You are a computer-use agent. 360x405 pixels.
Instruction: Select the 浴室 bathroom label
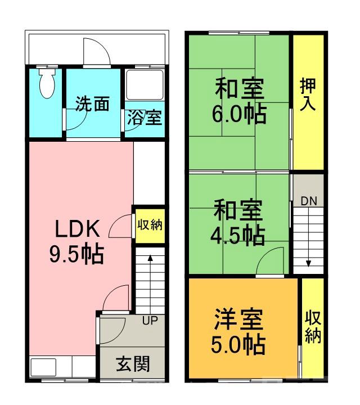tap(144, 118)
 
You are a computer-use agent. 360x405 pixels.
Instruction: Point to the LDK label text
tap(77, 229)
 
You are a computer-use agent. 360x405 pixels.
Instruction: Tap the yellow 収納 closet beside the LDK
tap(150, 225)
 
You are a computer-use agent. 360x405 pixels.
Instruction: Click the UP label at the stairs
tap(150, 321)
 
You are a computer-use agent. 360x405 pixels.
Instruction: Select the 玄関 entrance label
tap(133, 364)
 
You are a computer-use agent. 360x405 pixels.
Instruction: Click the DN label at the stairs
tap(308, 201)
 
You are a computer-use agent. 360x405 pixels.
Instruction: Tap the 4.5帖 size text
tap(239, 236)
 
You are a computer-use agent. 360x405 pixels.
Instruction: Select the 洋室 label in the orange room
tap(238, 321)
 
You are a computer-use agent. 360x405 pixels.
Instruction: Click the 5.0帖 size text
tap(238, 345)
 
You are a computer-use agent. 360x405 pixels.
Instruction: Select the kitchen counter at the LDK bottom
tap(62, 368)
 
